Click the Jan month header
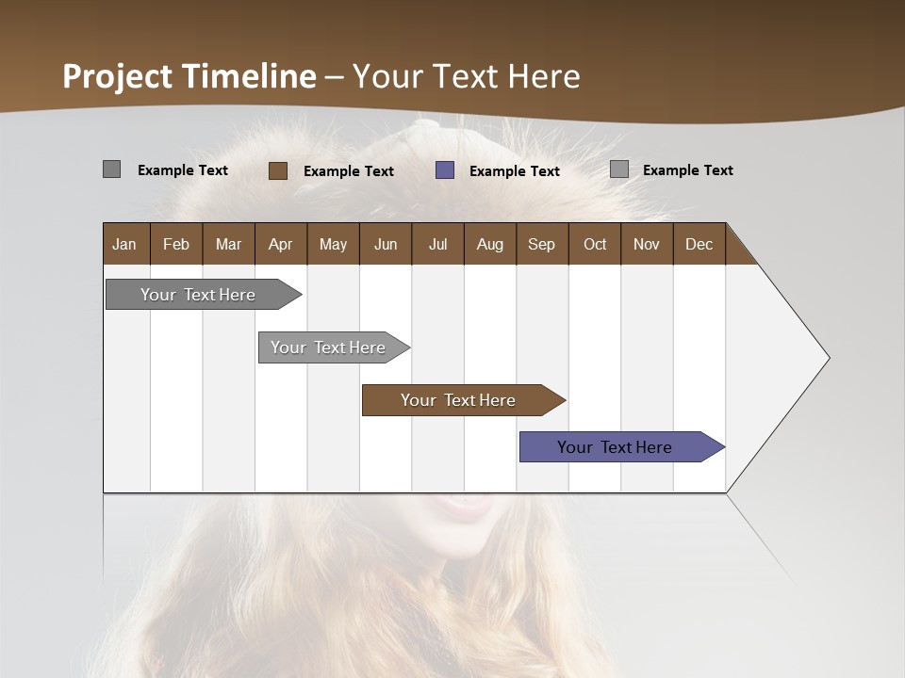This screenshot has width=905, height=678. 124,244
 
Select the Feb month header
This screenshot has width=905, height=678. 176,244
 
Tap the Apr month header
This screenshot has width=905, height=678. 280,244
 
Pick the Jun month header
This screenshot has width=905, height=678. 386,244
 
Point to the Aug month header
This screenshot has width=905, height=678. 489,244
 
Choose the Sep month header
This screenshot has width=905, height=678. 541,244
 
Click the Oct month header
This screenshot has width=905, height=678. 595,244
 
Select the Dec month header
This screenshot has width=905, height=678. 699,244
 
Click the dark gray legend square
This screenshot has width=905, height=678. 111,169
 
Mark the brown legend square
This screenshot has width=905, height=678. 277,170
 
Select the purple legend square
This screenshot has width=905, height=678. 445,170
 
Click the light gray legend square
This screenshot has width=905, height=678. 618,169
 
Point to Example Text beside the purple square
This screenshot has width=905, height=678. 515,171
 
